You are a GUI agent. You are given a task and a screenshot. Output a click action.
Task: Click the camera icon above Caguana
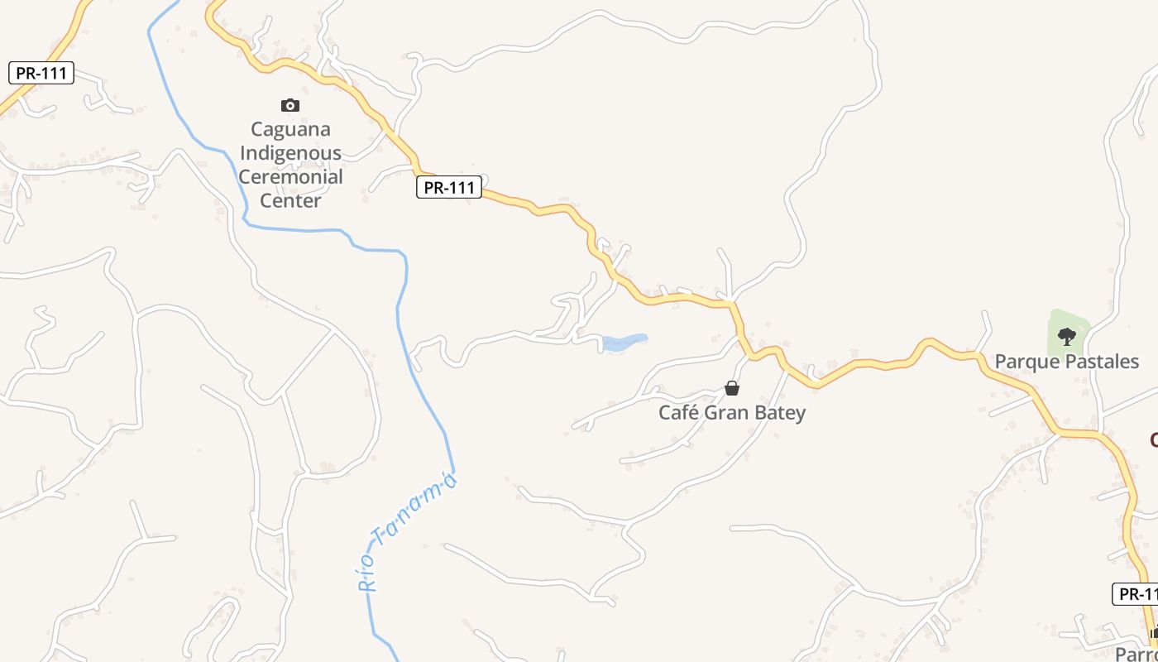(289, 105)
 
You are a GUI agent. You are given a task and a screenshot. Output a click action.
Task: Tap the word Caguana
(290, 129)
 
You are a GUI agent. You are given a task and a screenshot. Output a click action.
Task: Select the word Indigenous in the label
(289, 153)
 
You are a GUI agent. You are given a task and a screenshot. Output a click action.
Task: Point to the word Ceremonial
(289, 176)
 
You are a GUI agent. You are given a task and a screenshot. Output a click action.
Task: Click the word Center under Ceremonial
(289, 200)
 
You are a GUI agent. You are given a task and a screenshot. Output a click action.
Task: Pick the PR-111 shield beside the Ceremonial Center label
(448, 188)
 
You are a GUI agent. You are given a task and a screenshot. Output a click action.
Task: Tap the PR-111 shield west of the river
(41, 73)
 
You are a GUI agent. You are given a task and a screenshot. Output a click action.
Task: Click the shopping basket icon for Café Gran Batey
(732, 387)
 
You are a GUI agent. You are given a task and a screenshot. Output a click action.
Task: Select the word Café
(677, 412)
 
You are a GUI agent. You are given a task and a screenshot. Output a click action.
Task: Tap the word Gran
(724, 412)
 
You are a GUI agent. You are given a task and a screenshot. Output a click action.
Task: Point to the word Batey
(779, 412)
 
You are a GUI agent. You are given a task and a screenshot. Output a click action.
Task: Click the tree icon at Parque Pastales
(1067, 336)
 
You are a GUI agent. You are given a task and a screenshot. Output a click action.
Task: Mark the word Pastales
(1101, 362)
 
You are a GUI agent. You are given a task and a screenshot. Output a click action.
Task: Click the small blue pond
(624, 342)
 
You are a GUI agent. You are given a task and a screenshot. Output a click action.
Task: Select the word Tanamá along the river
(415, 509)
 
